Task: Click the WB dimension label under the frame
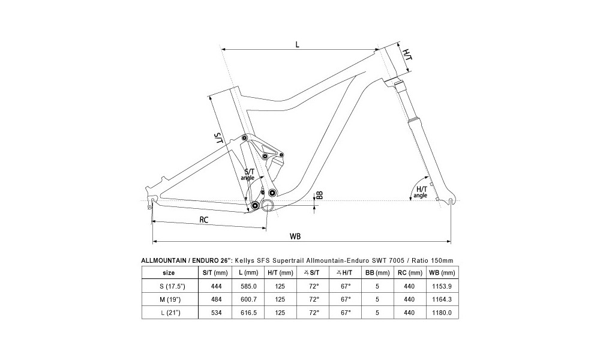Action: tap(295, 236)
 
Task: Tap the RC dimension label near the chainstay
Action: tap(203, 220)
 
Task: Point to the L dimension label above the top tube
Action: tap(298, 44)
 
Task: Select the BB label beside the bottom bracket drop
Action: tap(320, 195)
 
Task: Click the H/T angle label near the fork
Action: tap(421, 192)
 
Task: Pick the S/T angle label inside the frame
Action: tap(248, 175)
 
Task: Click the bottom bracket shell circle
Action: tap(268, 205)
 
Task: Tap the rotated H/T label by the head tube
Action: tap(408, 55)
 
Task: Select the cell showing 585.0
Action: tap(248, 286)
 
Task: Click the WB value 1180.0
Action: tap(442, 313)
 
